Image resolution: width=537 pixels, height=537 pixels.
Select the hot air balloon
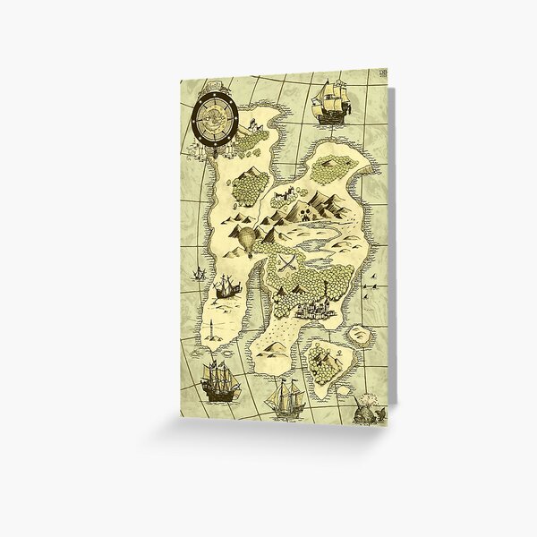click(245, 241)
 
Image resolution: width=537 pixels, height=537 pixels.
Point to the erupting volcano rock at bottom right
click(366, 407)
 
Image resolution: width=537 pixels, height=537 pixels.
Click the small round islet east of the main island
click(361, 334)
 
